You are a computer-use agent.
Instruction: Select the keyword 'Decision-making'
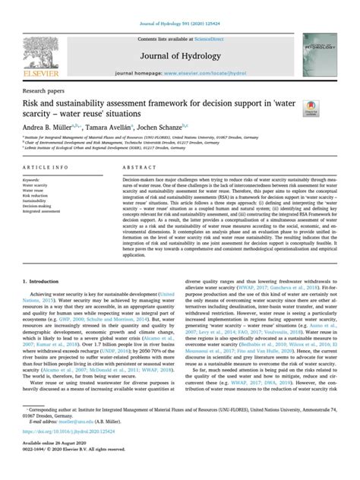click(35, 204)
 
